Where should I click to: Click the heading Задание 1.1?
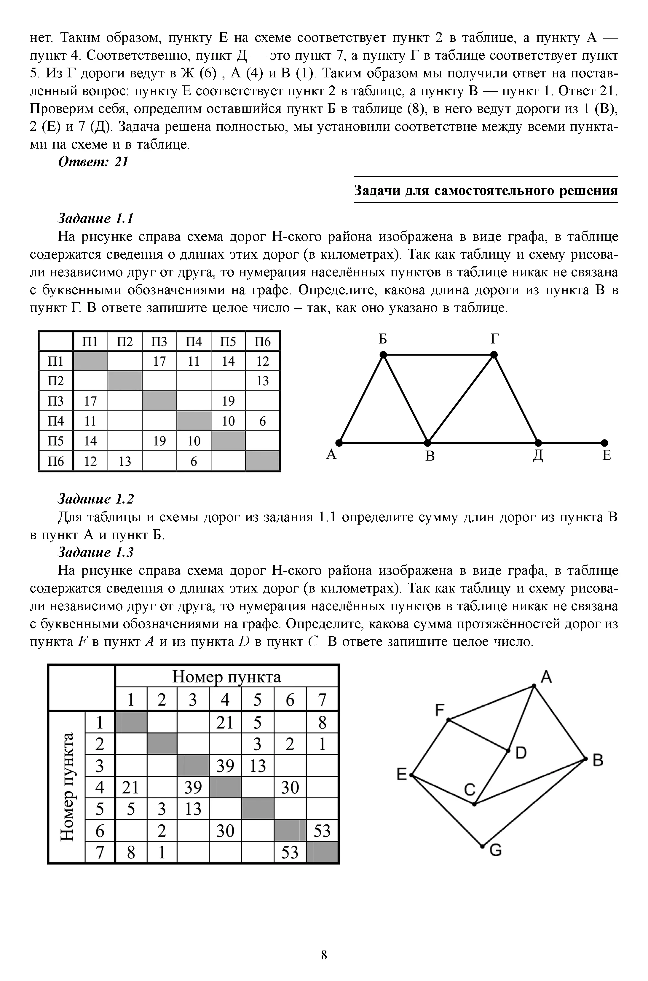pos(95,218)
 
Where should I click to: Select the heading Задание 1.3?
pos(95,552)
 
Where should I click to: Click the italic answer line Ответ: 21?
pos(93,162)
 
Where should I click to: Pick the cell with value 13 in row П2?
pos(262,381)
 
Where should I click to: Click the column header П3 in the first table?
pos(159,341)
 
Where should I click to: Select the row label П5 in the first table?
pos(55,441)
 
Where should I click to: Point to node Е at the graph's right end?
pos(605,442)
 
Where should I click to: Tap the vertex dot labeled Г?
pos(494,355)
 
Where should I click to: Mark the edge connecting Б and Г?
pos(438,355)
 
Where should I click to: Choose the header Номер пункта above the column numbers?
pos(226,677)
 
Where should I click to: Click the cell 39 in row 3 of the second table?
pos(225,766)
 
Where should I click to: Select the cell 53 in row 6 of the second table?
pos(322,831)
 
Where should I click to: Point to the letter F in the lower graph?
pos(439,710)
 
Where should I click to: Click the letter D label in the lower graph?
pos(521,753)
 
